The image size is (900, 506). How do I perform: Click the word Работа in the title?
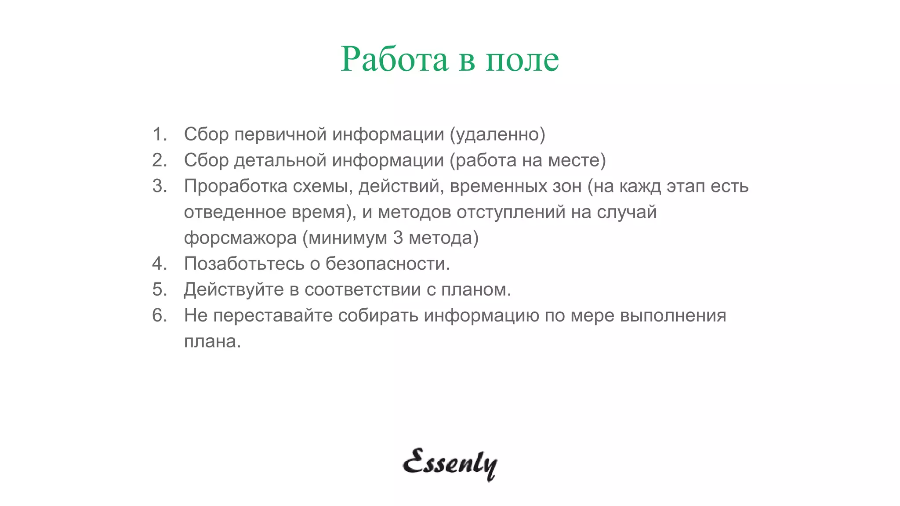click(x=394, y=59)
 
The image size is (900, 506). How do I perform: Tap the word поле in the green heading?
click(x=523, y=60)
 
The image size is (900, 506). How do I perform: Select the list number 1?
click(x=160, y=134)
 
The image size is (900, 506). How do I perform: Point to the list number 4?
click(x=160, y=264)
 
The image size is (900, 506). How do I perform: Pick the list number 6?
click(x=160, y=315)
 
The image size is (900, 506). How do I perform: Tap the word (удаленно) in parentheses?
click(x=497, y=134)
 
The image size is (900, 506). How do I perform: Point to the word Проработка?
click(x=236, y=186)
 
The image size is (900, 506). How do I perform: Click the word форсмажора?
click(x=240, y=238)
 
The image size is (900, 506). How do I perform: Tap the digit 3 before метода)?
click(x=398, y=238)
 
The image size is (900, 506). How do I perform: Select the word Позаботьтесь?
click(x=244, y=264)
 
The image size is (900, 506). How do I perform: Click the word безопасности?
click(x=388, y=264)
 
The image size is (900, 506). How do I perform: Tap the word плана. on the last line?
click(x=213, y=341)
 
